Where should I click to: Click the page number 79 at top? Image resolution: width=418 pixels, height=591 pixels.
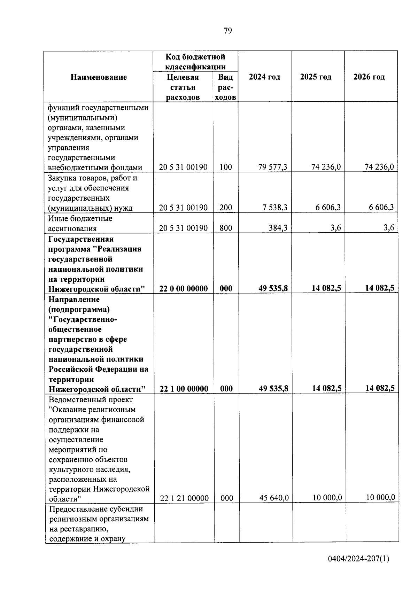[227, 31]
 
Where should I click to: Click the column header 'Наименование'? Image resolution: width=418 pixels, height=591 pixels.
[99, 77]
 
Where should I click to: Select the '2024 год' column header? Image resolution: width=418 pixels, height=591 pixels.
[264, 77]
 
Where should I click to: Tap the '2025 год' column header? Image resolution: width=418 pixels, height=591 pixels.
[316, 77]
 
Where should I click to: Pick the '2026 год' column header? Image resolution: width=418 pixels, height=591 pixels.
[369, 77]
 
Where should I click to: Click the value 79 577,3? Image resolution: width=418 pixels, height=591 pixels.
[273, 167]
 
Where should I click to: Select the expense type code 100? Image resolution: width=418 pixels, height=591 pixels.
[226, 167]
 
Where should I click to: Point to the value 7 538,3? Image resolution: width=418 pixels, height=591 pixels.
[275, 208]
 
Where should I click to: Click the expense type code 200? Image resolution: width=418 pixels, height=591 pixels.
[226, 208]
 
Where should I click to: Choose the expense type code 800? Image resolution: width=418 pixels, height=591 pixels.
[226, 228]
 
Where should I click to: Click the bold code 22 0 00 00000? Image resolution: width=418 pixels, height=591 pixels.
[184, 288]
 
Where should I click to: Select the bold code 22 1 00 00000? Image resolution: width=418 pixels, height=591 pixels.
[184, 389]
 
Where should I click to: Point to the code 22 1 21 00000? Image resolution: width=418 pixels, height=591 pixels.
[184, 498]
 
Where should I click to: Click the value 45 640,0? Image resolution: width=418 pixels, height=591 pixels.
[274, 498]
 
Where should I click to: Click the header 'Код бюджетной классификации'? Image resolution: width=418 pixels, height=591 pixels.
[195, 61]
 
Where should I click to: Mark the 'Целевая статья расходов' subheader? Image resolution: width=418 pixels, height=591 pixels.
[183, 87]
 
